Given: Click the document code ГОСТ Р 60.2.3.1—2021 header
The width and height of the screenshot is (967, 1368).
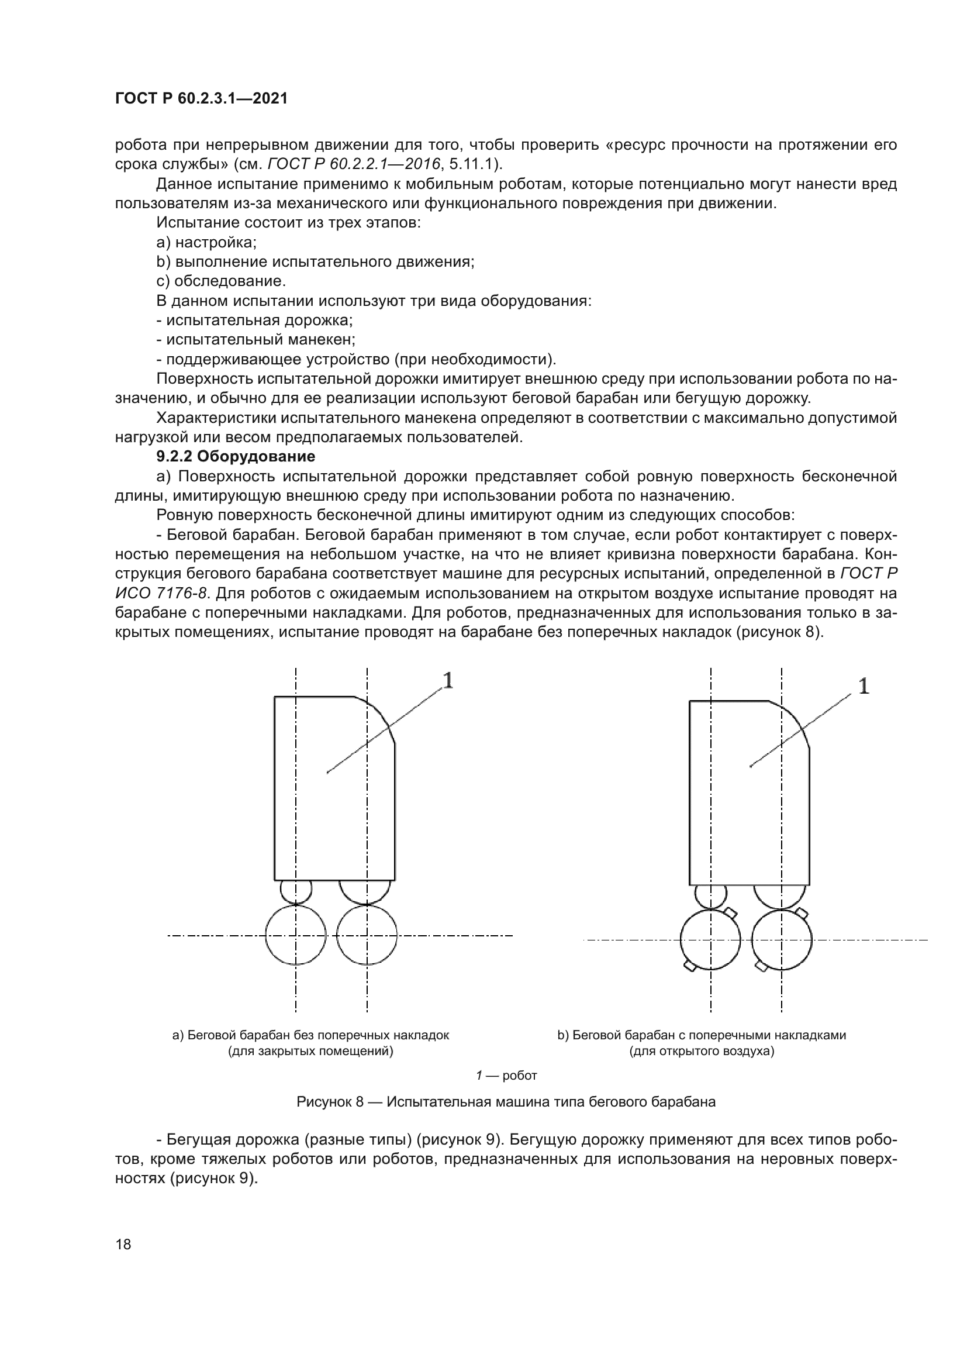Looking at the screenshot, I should click(201, 99).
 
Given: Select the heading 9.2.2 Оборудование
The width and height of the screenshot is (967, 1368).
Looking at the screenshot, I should click(235, 457).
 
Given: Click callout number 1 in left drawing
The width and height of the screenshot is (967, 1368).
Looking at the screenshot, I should click(448, 680).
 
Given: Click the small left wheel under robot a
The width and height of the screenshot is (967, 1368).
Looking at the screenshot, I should click(296, 892).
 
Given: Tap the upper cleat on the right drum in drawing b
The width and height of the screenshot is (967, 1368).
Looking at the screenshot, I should click(802, 914).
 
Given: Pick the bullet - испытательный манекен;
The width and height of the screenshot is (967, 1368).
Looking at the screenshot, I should click(256, 340).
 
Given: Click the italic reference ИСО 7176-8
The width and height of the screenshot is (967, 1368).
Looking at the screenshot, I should click(161, 594).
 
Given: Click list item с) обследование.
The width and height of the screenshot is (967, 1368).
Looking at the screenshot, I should click(221, 281).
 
